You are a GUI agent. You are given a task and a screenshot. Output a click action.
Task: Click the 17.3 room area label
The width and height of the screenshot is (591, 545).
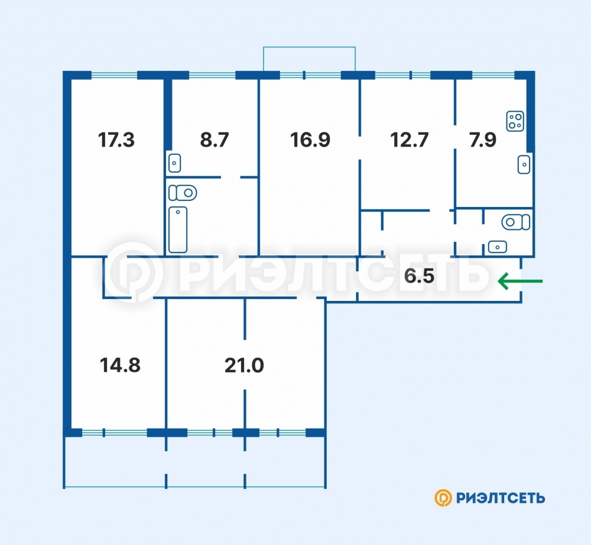116,140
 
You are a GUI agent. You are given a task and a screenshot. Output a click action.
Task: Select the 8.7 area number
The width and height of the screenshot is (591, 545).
215,140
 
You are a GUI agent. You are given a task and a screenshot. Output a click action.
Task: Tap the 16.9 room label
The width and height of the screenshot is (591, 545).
310,140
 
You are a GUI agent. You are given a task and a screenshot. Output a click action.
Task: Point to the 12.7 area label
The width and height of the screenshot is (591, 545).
410,140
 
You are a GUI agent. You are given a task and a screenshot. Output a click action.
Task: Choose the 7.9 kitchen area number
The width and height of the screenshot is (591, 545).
483,140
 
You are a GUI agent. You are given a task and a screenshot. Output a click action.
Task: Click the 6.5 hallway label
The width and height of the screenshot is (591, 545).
419,276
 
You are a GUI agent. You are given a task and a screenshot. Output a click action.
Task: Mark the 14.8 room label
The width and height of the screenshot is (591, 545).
120,365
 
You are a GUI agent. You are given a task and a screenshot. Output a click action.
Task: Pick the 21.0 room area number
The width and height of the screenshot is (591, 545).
244,365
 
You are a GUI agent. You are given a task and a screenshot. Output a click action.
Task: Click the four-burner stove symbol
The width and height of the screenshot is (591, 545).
515,121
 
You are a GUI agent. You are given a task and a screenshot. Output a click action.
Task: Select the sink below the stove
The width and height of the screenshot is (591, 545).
524,164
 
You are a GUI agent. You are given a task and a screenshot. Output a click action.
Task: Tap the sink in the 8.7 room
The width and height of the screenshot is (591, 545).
174,163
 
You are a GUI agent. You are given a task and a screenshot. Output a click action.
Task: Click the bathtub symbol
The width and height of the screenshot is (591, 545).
178,229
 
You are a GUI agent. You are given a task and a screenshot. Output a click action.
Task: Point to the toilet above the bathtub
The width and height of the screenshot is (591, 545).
183,193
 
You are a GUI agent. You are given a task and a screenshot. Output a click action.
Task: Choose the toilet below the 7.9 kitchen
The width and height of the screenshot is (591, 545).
515,222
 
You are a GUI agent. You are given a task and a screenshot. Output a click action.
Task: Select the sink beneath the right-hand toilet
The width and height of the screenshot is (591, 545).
498,247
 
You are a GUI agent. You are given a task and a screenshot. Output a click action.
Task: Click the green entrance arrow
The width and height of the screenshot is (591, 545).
520,281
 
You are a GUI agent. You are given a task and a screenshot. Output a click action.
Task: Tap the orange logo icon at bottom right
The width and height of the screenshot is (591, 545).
443,498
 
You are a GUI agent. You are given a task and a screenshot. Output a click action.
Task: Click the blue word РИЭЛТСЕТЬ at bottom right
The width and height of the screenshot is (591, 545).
501,498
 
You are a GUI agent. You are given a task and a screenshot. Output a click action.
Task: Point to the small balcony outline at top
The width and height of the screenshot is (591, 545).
309,47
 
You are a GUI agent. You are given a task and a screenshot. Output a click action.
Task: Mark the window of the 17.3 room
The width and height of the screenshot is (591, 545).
114,76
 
